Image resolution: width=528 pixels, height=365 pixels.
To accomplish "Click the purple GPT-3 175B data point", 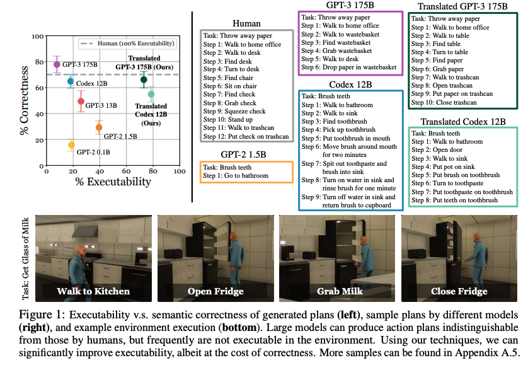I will click(x=57, y=64).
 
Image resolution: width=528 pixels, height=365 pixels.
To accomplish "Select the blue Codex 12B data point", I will click(x=71, y=81).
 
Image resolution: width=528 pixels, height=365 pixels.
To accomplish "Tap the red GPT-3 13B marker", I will click(x=81, y=101).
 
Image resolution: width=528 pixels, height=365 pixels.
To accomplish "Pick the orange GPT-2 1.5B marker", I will click(x=99, y=127).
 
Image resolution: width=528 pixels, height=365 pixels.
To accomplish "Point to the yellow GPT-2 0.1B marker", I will click(x=71, y=145).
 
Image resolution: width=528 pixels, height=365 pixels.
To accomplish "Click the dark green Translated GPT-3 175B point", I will click(x=144, y=79).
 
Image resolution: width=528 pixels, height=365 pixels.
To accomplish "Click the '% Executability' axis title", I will click(x=113, y=182).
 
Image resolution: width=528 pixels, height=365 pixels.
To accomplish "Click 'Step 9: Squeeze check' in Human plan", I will click(x=234, y=112).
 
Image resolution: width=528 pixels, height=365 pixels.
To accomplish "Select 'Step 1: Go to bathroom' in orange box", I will click(x=236, y=175).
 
